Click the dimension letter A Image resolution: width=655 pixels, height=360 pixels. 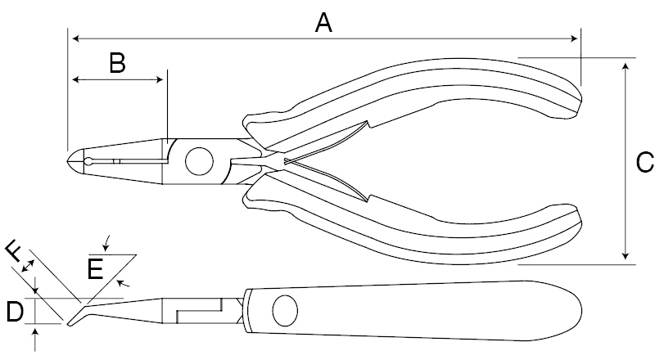pyautogui.click(x=324, y=24)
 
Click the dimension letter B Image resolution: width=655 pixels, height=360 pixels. pyautogui.click(x=117, y=63)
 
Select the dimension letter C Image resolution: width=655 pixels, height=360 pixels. pyautogui.click(x=644, y=162)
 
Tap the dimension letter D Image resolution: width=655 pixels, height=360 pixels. pyautogui.click(x=14, y=311)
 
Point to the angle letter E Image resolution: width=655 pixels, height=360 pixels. pyautogui.click(x=96, y=269)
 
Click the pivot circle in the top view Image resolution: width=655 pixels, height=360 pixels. pyautogui.click(x=198, y=161)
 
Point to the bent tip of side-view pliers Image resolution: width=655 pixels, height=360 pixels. pyautogui.click(x=72, y=321)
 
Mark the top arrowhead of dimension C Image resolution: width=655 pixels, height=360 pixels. pyautogui.click(x=626, y=63)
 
